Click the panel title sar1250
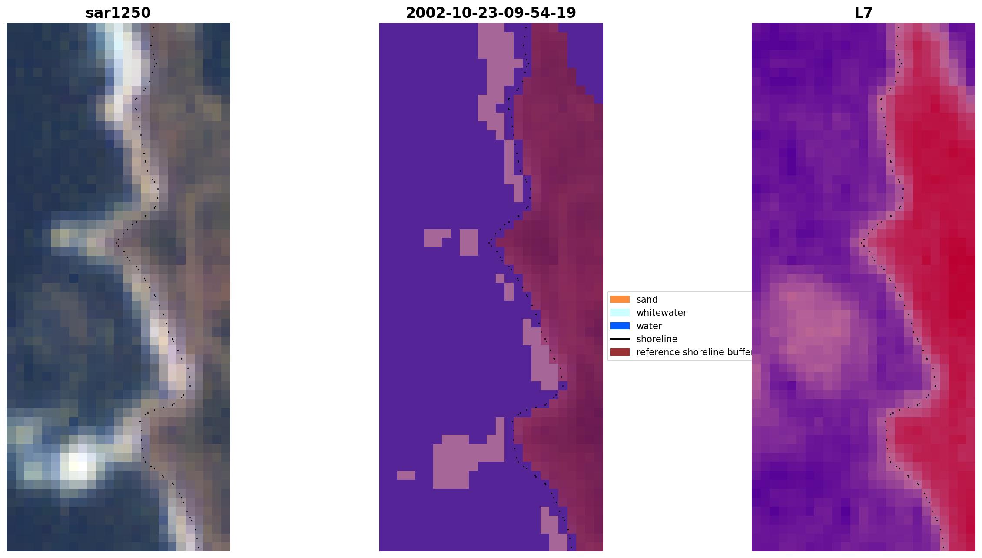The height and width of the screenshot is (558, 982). click(118, 13)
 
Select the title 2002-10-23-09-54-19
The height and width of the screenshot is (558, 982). click(491, 13)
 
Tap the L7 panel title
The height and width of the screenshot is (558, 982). click(863, 13)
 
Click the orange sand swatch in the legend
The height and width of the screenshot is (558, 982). click(620, 299)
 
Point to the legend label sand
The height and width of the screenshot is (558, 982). click(647, 300)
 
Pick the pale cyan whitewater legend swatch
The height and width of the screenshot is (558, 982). click(620, 312)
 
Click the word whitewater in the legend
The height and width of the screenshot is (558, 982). click(661, 313)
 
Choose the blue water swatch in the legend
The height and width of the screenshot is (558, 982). click(620, 326)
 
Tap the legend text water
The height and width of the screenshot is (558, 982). click(649, 326)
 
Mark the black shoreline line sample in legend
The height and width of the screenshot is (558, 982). click(620, 339)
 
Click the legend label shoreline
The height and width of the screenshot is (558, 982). click(657, 339)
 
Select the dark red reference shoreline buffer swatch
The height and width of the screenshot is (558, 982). click(620, 352)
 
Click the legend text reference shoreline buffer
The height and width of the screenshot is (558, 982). click(694, 352)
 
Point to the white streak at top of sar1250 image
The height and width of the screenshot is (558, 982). click(124, 61)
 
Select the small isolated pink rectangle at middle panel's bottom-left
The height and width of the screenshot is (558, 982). click(406, 475)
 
